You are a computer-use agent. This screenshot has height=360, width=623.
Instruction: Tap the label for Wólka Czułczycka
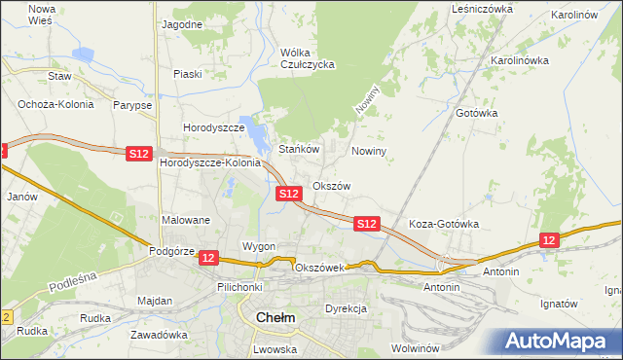click(x=307, y=58)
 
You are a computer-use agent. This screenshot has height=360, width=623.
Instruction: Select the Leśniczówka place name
click(x=482, y=8)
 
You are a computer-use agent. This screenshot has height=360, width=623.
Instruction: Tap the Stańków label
click(x=300, y=150)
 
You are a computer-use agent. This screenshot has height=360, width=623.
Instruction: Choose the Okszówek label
click(x=319, y=268)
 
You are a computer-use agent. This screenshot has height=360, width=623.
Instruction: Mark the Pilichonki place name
click(x=240, y=288)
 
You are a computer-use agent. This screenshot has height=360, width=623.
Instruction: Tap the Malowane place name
click(x=186, y=220)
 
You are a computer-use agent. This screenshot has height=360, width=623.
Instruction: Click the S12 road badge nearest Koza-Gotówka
click(x=366, y=224)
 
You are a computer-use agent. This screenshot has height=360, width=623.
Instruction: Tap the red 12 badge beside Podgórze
click(x=210, y=257)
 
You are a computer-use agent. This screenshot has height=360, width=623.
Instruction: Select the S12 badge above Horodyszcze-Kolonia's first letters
click(x=139, y=153)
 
